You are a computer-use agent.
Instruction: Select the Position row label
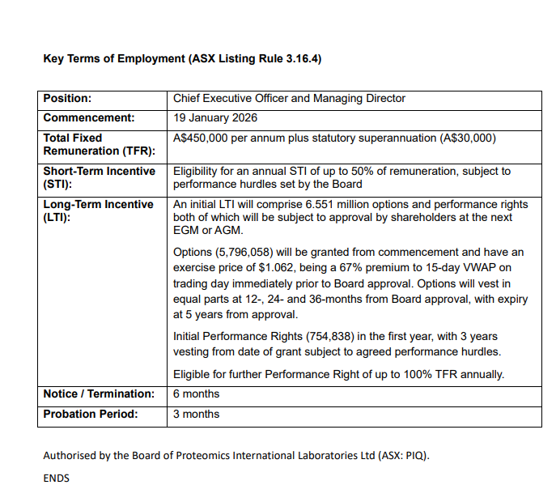67,99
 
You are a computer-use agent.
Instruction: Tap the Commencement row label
89,118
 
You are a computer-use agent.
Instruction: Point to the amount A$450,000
202,138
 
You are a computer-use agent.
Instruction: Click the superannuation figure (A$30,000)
468,138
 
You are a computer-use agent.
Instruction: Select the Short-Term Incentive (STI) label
98,177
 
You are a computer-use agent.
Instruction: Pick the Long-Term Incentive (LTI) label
98,211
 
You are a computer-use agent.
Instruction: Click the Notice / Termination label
98,394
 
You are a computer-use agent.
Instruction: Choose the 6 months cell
197,394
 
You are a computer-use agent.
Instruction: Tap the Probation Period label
90,415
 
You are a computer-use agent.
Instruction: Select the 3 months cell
197,415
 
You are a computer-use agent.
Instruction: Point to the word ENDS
56,478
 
